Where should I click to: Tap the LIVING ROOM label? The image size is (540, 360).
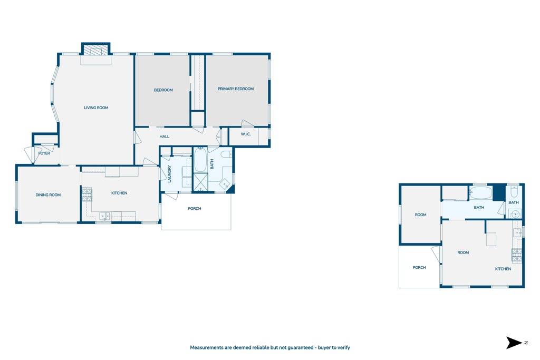(x=96, y=108)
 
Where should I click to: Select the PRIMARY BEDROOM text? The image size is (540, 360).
(x=236, y=89)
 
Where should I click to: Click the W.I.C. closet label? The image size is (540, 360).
(x=246, y=134)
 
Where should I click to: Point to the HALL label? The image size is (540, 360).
(x=165, y=137)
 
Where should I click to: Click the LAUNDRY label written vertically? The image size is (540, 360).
(x=170, y=174)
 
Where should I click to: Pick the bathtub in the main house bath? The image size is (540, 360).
(x=200, y=160)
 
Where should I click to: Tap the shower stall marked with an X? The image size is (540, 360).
(x=200, y=183)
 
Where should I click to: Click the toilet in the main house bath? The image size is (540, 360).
(x=226, y=154)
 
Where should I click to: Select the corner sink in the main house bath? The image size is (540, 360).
(x=225, y=184)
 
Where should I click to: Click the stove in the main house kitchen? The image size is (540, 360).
(x=86, y=194)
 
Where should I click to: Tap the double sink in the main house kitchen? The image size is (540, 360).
(x=104, y=215)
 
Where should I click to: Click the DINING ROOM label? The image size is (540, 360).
(x=48, y=195)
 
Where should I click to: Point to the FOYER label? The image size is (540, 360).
(x=44, y=153)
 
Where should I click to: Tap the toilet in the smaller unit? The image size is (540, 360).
(x=515, y=192)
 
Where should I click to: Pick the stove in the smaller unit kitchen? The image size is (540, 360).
(x=516, y=255)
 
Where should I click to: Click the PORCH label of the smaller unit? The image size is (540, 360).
(x=419, y=267)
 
